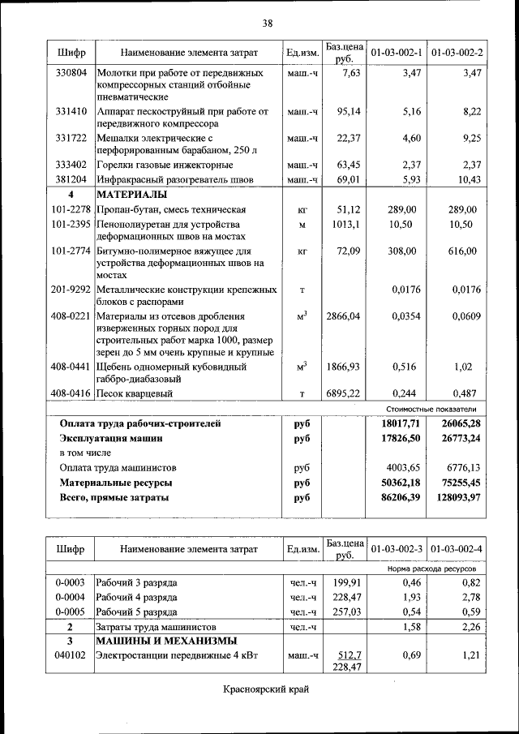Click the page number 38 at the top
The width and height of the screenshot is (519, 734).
click(x=267, y=22)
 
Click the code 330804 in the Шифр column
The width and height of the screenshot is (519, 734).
click(x=71, y=73)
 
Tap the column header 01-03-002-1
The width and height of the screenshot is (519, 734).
click(x=397, y=53)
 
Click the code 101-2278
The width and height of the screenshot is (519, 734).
click(x=71, y=209)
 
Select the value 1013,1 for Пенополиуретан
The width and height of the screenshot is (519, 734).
click(x=346, y=224)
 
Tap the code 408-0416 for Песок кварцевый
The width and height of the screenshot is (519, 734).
click(x=71, y=393)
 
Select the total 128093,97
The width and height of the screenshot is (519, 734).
click(x=452, y=497)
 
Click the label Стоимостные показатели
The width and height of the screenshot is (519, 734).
click(x=431, y=409)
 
